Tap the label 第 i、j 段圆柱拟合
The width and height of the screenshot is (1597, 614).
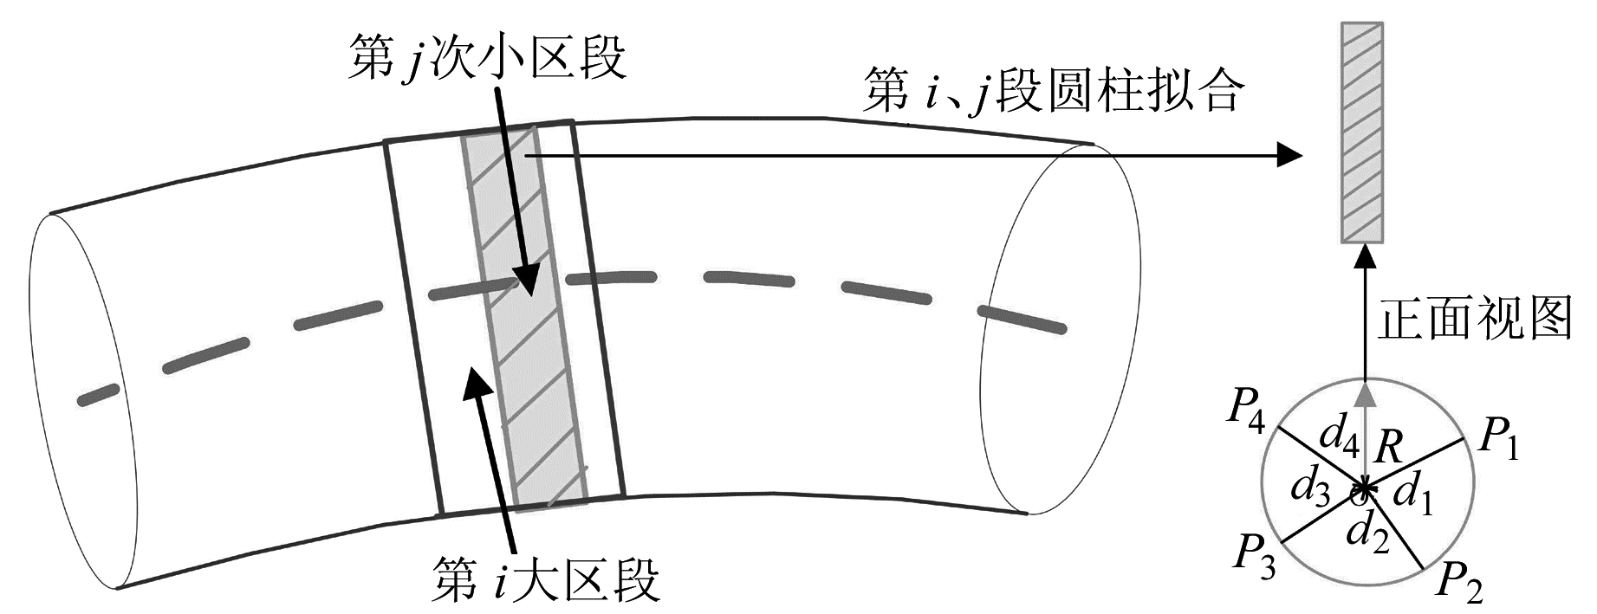1054,92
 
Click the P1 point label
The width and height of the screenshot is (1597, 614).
1498,440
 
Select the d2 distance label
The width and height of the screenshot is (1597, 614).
1368,532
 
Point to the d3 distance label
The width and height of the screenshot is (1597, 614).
1309,489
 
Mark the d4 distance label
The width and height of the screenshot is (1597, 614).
1338,434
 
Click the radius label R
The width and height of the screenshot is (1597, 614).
1388,447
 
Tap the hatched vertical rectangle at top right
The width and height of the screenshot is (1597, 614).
1362,132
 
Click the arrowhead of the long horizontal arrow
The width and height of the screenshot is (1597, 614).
1291,156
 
